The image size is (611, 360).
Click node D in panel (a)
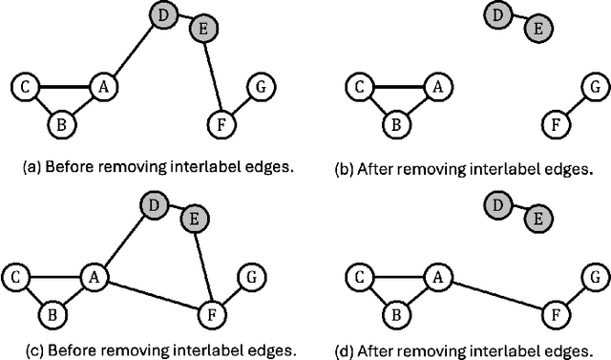coord(163,15)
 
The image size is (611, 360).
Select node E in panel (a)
coord(201,30)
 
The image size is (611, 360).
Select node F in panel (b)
coord(551,122)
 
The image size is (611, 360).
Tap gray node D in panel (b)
coord(496,15)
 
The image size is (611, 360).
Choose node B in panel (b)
coord(394,122)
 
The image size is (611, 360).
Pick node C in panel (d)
coord(356,277)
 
